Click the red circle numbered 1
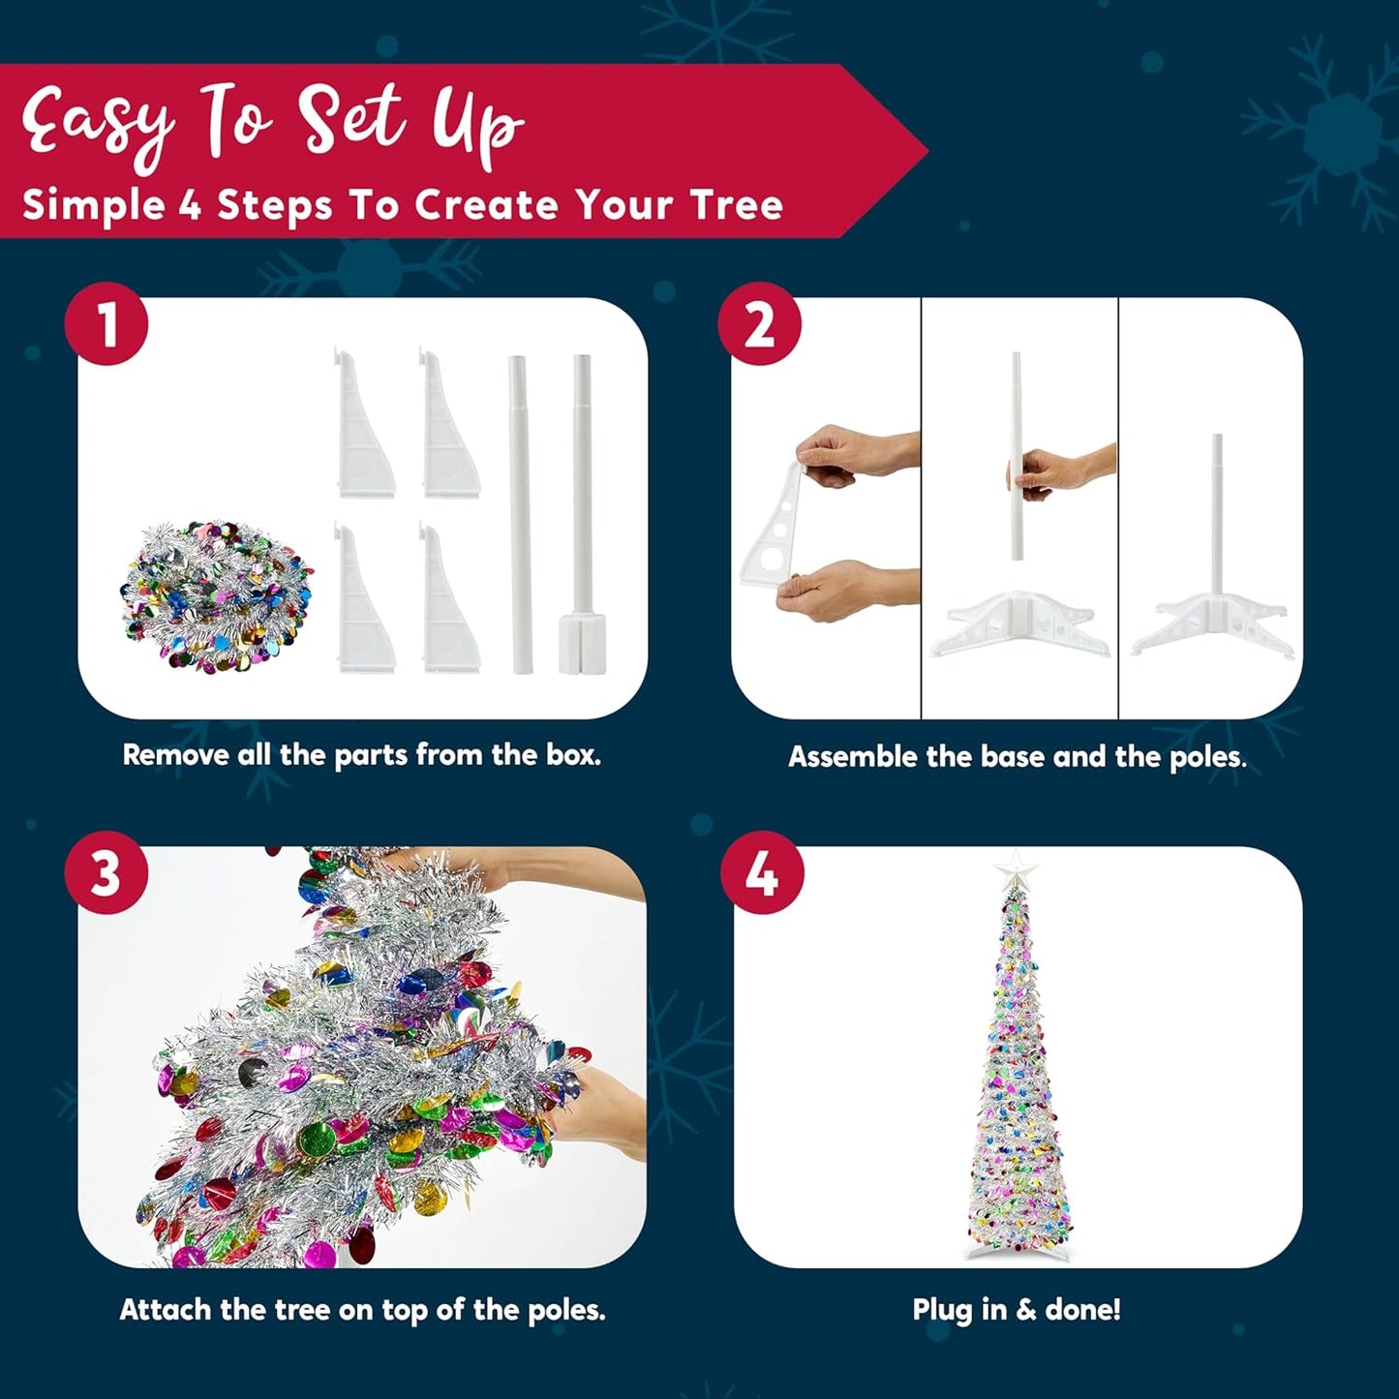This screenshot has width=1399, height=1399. pos(106,323)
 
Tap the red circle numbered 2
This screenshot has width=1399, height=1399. pos(759,323)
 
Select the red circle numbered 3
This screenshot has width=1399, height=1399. pos(106,872)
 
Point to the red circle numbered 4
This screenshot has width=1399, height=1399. pos(762,872)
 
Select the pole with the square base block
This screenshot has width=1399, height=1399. pos(582,514)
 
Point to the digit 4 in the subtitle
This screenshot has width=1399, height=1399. pos(190,205)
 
